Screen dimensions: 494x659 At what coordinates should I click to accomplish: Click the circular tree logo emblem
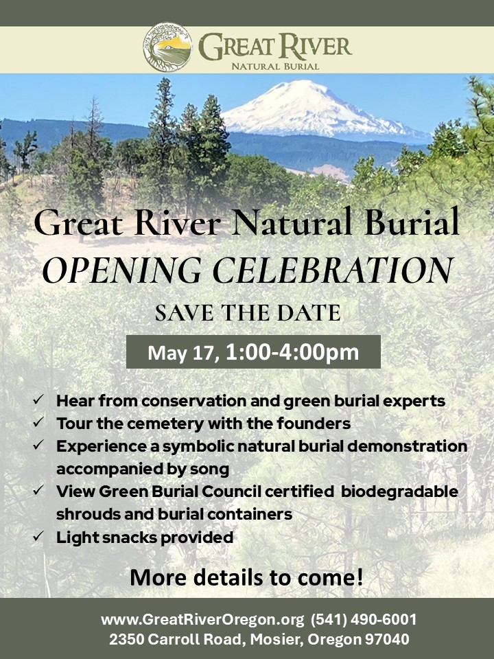click(167, 47)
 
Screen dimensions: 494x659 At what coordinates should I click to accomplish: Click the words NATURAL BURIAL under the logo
click(275, 67)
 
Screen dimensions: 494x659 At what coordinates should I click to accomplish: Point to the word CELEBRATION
click(333, 270)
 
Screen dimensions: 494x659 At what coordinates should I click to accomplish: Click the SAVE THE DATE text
click(248, 313)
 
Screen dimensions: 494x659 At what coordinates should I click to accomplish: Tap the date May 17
click(183, 353)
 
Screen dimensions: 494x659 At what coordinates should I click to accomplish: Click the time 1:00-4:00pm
click(292, 352)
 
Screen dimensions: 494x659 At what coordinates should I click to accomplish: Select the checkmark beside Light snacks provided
click(38, 536)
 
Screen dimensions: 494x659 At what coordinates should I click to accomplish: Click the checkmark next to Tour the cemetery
click(38, 421)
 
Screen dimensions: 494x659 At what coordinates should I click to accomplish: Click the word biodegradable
click(399, 492)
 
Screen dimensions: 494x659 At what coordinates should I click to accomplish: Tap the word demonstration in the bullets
click(407, 446)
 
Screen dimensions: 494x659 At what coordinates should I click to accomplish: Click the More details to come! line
click(246, 577)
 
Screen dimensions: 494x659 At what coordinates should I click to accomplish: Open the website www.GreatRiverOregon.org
click(202, 619)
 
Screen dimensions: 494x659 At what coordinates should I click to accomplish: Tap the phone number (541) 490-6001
click(364, 619)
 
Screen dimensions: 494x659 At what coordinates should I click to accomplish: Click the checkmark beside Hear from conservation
click(38, 399)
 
